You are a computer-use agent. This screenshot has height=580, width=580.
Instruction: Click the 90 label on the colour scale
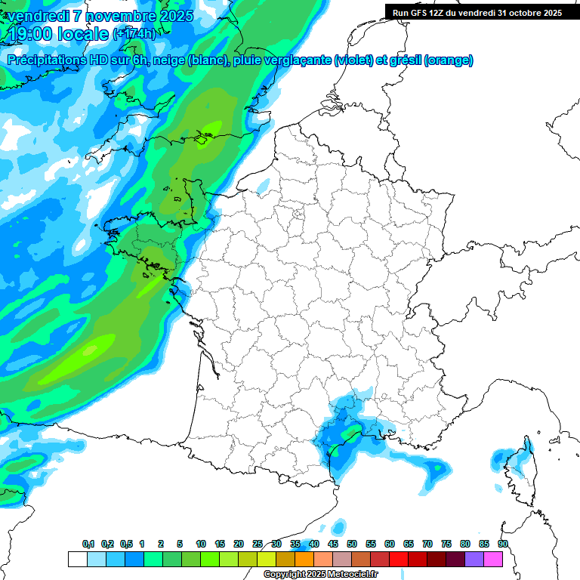pos(502,544)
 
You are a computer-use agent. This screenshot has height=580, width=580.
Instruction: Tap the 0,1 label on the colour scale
pos(88,544)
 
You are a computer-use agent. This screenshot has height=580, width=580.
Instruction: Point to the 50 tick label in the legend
pos(352,544)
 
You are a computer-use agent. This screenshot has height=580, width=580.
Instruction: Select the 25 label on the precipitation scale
pos(258,544)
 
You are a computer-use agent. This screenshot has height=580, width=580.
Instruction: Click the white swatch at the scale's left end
pos(77,559)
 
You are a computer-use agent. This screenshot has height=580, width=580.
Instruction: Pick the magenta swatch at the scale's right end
pos(493,559)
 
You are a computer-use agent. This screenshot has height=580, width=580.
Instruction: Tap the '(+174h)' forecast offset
pos(134,34)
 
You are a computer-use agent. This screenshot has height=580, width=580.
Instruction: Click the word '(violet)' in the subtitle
pos(354,60)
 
